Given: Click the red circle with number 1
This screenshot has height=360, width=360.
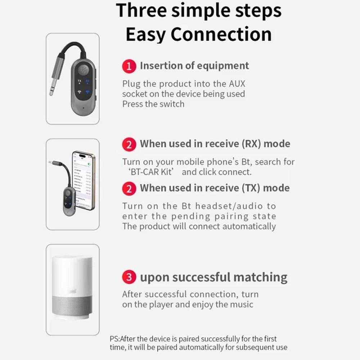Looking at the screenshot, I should point(129,66).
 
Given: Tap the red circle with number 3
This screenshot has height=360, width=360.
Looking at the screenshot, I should point(129,278).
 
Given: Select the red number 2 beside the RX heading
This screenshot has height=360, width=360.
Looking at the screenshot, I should point(129,144).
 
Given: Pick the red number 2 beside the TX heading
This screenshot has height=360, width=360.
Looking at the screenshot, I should point(129,189).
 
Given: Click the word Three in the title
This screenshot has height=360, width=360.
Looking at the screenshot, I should point(141,11).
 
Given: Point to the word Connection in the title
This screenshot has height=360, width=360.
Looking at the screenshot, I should point(221,35).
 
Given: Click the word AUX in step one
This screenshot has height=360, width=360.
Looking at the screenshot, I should point(237,84).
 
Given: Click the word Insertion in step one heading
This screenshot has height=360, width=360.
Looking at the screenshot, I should point(162,66).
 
